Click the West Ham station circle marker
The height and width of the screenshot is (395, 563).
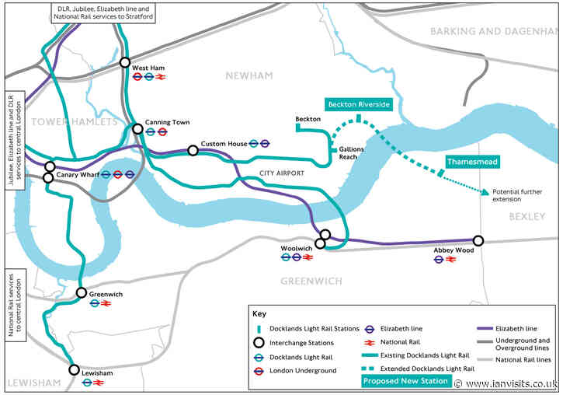125,63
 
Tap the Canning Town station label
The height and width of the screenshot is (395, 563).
167,122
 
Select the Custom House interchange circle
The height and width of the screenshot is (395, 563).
193,150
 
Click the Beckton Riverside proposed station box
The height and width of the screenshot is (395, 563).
358,104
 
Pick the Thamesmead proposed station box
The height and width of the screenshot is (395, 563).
472,162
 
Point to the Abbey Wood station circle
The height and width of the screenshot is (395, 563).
478,240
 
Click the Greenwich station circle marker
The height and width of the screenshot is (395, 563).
81,292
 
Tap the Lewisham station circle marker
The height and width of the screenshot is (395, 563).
75,369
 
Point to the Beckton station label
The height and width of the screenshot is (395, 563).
308,119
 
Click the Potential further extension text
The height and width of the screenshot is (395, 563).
516,195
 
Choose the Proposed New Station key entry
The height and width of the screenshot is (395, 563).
406,380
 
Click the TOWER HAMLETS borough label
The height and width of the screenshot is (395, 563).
75,122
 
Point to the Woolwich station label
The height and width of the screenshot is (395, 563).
297,249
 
